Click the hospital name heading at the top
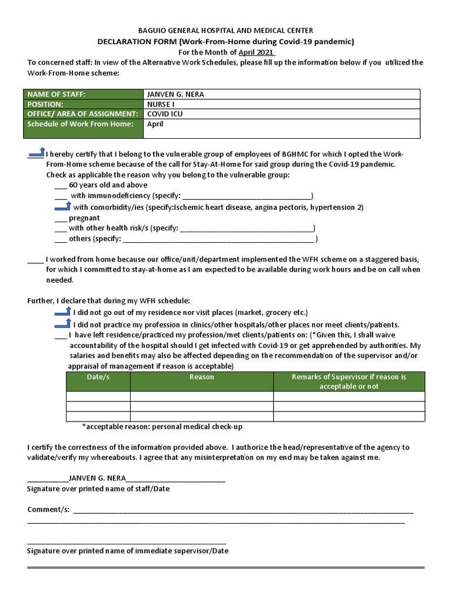[225, 30]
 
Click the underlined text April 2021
[256, 52]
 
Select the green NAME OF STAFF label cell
[83, 94]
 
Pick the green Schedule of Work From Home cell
[83, 128]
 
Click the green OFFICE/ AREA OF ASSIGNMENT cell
[83, 113]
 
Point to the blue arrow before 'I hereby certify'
[36, 153]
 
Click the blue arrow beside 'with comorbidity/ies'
[62, 206]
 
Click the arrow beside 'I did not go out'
[62, 311]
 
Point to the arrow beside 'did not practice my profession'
[62, 323]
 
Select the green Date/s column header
[98, 377]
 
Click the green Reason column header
[201, 377]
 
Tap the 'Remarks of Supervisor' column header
[348, 382]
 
